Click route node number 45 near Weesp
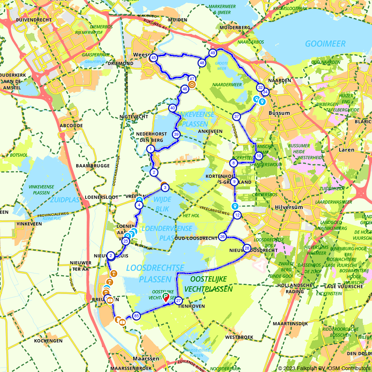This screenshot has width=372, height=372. tap(153, 58)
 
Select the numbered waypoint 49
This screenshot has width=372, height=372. tap(212, 53)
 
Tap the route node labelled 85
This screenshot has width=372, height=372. tap(136, 316)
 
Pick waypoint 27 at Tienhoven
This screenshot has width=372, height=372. tap(179, 301)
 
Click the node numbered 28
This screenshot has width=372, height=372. tap(247, 248)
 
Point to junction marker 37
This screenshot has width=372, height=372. tap(236, 117)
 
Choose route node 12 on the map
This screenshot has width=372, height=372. tap(237, 215)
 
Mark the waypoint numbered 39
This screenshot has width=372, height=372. tap(176, 134)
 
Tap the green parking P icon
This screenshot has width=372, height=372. tap(166, 296)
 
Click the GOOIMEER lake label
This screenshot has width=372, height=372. tap(325, 44)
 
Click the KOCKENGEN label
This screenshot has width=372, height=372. tap(48, 341)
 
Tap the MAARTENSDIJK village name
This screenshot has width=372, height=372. tap(290, 324)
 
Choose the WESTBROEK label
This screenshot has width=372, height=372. tap(239, 337)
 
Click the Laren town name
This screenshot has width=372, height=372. tap(346, 150)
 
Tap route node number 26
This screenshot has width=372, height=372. tap(222, 237)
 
